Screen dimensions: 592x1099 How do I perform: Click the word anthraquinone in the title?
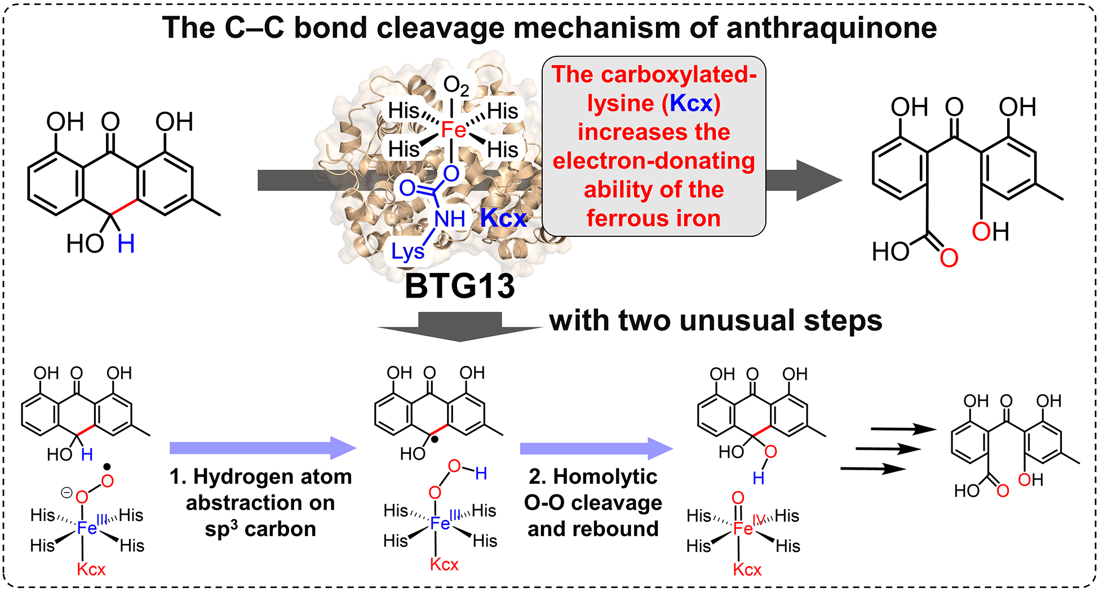831,28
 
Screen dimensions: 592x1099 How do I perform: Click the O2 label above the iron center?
455,86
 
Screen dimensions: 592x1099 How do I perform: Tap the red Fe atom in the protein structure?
453,130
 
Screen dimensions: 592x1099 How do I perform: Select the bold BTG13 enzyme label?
459,286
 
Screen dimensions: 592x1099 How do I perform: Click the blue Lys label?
407,251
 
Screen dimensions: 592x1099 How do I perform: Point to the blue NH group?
450,219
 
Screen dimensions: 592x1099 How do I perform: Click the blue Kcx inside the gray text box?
692,104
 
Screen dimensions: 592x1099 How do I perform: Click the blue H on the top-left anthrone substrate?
126,244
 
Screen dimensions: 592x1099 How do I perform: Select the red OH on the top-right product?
990,232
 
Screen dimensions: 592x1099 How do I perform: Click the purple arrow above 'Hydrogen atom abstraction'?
263,448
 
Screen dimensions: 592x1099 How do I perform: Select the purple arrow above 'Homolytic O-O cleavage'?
596,449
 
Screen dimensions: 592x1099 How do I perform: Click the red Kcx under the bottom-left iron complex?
91,569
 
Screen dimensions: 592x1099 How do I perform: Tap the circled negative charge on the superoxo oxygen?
67,493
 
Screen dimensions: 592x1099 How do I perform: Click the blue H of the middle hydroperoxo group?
481,474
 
